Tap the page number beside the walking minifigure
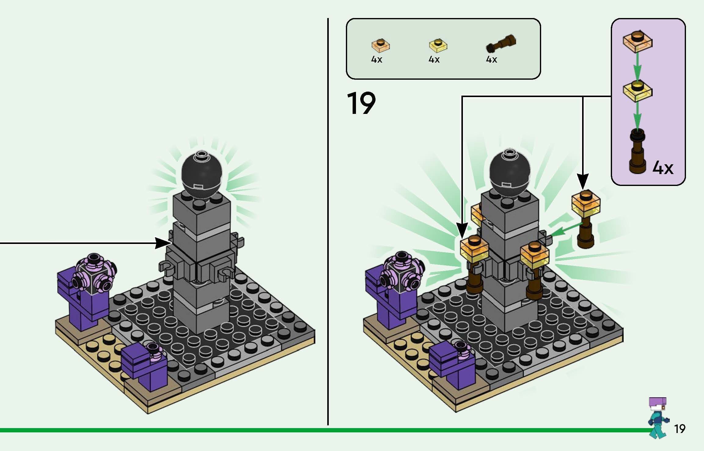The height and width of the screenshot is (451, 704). tap(680, 429)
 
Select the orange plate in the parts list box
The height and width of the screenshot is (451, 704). tap(380, 45)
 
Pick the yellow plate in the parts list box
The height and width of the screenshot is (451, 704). tap(438, 45)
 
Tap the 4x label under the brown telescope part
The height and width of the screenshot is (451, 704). tap(491, 60)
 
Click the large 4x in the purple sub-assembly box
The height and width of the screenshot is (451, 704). tap(663, 168)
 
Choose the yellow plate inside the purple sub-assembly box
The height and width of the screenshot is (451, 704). tap(637, 90)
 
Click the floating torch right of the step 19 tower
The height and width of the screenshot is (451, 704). tap(585, 218)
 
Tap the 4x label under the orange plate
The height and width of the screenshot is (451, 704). tap(376, 60)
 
